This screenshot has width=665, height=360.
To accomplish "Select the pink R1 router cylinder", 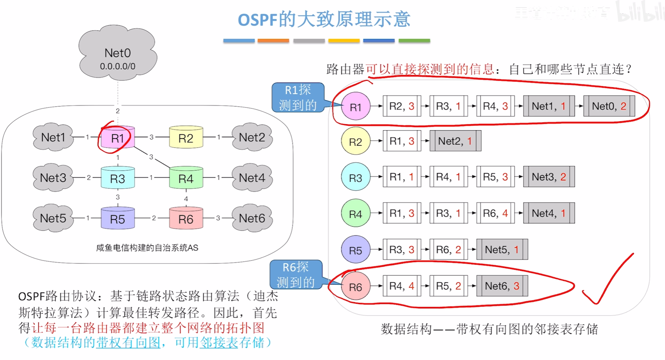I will click(x=117, y=138).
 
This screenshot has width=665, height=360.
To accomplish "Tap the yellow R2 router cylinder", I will click(x=186, y=138).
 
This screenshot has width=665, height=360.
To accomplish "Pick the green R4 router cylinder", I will click(x=186, y=178).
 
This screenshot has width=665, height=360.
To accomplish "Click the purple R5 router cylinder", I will click(x=117, y=219).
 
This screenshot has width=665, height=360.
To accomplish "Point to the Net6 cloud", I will click(x=252, y=218).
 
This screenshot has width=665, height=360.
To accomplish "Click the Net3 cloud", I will click(x=53, y=178).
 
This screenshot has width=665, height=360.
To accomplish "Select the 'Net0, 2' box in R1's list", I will click(x=609, y=106).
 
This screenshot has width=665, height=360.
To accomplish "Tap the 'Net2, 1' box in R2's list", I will click(x=455, y=141).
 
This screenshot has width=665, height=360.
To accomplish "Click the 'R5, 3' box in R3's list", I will click(x=495, y=177).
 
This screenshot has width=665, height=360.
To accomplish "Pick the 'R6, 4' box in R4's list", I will click(x=495, y=213).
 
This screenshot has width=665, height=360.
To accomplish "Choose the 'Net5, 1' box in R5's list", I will click(x=502, y=249).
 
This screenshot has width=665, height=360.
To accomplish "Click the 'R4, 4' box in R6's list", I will click(x=402, y=286).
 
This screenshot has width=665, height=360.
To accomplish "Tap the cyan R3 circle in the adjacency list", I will click(x=355, y=177).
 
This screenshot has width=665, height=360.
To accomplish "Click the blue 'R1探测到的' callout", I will click(x=298, y=98).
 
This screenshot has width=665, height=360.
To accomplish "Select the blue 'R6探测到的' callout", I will click(x=296, y=275).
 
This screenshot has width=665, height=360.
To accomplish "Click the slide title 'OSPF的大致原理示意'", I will click(x=324, y=19).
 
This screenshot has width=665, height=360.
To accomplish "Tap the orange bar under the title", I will click(x=273, y=41).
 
